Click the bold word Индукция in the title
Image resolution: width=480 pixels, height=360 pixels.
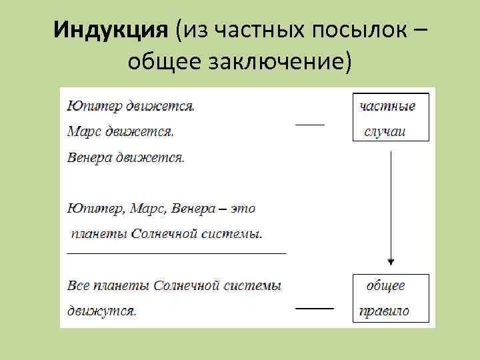(x=110, y=30)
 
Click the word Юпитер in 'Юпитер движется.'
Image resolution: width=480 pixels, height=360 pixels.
(x=86, y=106)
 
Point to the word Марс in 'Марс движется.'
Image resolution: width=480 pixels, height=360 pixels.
(x=81, y=131)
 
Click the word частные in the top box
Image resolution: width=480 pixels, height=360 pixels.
(x=387, y=106)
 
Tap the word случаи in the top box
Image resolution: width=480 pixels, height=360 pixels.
(x=385, y=131)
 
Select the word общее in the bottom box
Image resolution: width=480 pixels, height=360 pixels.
(x=385, y=286)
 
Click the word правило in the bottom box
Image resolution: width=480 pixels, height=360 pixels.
(x=384, y=311)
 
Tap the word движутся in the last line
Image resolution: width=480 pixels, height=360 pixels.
(x=101, y=311)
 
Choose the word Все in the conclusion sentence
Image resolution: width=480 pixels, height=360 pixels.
(x=78, y=286)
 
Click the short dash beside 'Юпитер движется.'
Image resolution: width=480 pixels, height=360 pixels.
(x=310, y=123)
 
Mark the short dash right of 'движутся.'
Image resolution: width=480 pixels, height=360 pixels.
(x=314, y=308)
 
